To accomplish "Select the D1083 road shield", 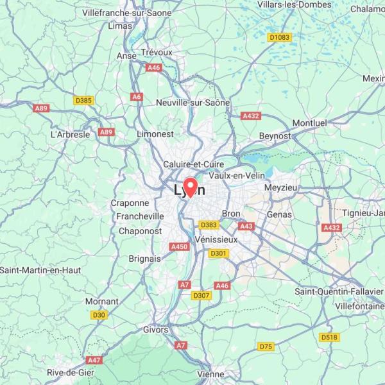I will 279,37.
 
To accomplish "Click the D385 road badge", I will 83,100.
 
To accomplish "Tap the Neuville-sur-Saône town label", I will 193,102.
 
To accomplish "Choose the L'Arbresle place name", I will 70,135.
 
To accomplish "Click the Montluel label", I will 309,123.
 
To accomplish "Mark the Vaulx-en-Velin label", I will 237,175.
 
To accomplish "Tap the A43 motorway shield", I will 246,226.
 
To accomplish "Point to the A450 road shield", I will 179,246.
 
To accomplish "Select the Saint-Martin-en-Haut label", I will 40,270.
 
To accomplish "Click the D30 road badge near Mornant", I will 98,314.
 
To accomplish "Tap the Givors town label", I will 156,330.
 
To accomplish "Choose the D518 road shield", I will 329,337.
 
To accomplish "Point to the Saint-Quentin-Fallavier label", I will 338,291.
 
